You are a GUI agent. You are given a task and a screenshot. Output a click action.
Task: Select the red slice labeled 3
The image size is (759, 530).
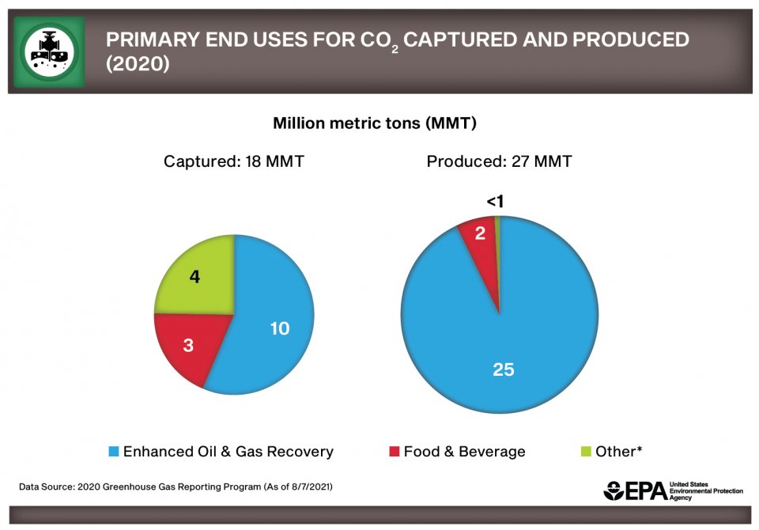(x=188, y=346)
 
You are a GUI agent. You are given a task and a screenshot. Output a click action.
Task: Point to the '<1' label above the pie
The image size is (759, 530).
(x=496, y=203)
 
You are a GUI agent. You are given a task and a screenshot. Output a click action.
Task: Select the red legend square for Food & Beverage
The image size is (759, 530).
(x=394, y=452)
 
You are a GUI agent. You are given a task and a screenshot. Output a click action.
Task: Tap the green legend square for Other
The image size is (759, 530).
(x=586, y=452)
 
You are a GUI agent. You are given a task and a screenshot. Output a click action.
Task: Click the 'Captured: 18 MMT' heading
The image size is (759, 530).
(x=234, y=162)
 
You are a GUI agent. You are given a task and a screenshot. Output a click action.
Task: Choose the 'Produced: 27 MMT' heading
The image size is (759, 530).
(x=500, y=162)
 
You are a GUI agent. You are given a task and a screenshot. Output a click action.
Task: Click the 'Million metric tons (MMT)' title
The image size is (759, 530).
(x=375, y=123)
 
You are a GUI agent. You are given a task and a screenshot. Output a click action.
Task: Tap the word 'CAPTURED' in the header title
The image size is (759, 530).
(x=470, y=40)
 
